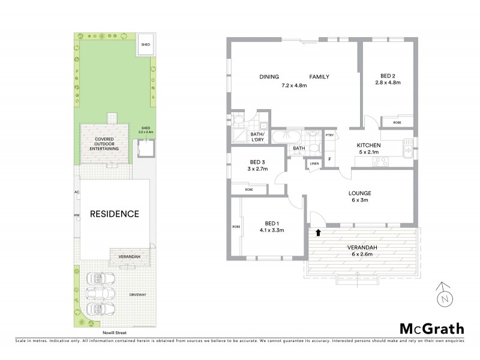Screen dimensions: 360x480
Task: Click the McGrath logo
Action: (431, 328)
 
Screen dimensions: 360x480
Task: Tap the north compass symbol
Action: (443, 295)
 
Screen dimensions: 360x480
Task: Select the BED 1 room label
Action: (268, 223)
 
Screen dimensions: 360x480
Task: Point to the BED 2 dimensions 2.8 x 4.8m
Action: (387, 85)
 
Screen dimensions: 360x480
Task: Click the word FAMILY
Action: (319, 77)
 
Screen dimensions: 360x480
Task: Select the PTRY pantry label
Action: (329, 136)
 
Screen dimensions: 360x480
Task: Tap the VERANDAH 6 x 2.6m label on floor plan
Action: (360, 248)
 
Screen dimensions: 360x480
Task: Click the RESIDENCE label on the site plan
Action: (115, 214)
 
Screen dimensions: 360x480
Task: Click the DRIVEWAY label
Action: (139, 295)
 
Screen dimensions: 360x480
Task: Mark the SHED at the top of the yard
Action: (145, 45)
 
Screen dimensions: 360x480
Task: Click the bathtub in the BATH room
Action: (280, 137)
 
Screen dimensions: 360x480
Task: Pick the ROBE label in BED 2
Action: (397, 122)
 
